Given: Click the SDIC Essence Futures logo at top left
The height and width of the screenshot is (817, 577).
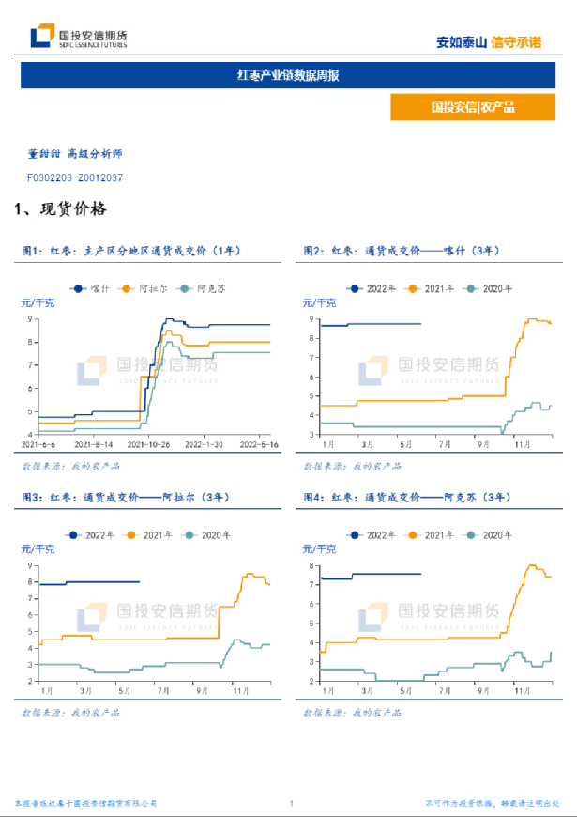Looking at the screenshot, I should point(79,38).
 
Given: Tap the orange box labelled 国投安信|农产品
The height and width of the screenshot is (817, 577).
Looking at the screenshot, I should point(473,107).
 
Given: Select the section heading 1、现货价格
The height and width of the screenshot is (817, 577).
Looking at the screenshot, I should point(60,208).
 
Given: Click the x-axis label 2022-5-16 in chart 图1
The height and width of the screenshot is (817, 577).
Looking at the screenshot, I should point(258,444).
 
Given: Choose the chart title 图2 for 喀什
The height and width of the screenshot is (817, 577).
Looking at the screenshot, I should point(402,251).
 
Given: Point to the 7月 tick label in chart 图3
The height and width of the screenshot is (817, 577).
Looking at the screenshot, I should point(164,691).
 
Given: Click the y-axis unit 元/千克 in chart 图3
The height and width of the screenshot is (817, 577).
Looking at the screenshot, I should point(38,547).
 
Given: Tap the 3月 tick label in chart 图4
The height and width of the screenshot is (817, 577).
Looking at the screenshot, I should point(366,691).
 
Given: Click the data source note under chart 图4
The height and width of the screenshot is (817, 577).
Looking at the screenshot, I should point(353,713).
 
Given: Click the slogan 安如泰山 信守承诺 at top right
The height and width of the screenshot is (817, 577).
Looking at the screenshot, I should point(489,41).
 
